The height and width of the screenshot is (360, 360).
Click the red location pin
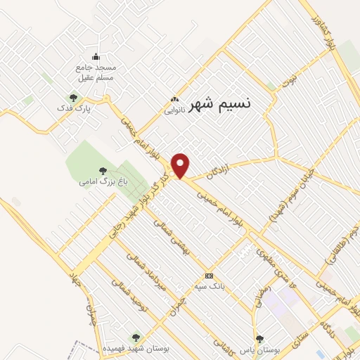pyautogui.click(x=181, y=165)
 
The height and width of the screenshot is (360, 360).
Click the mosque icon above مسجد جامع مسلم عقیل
pyautogui.click(x=96, y=57)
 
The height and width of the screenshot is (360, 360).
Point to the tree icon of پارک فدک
pyautogui.click(x=74, y=98)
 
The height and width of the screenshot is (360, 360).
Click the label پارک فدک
pyautogui.click(x=74, y=110)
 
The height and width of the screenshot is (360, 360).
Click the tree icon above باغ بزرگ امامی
pyautogui.click(x=103, y=170)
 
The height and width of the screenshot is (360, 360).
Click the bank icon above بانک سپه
pyautogui.click(x=208, y=276)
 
